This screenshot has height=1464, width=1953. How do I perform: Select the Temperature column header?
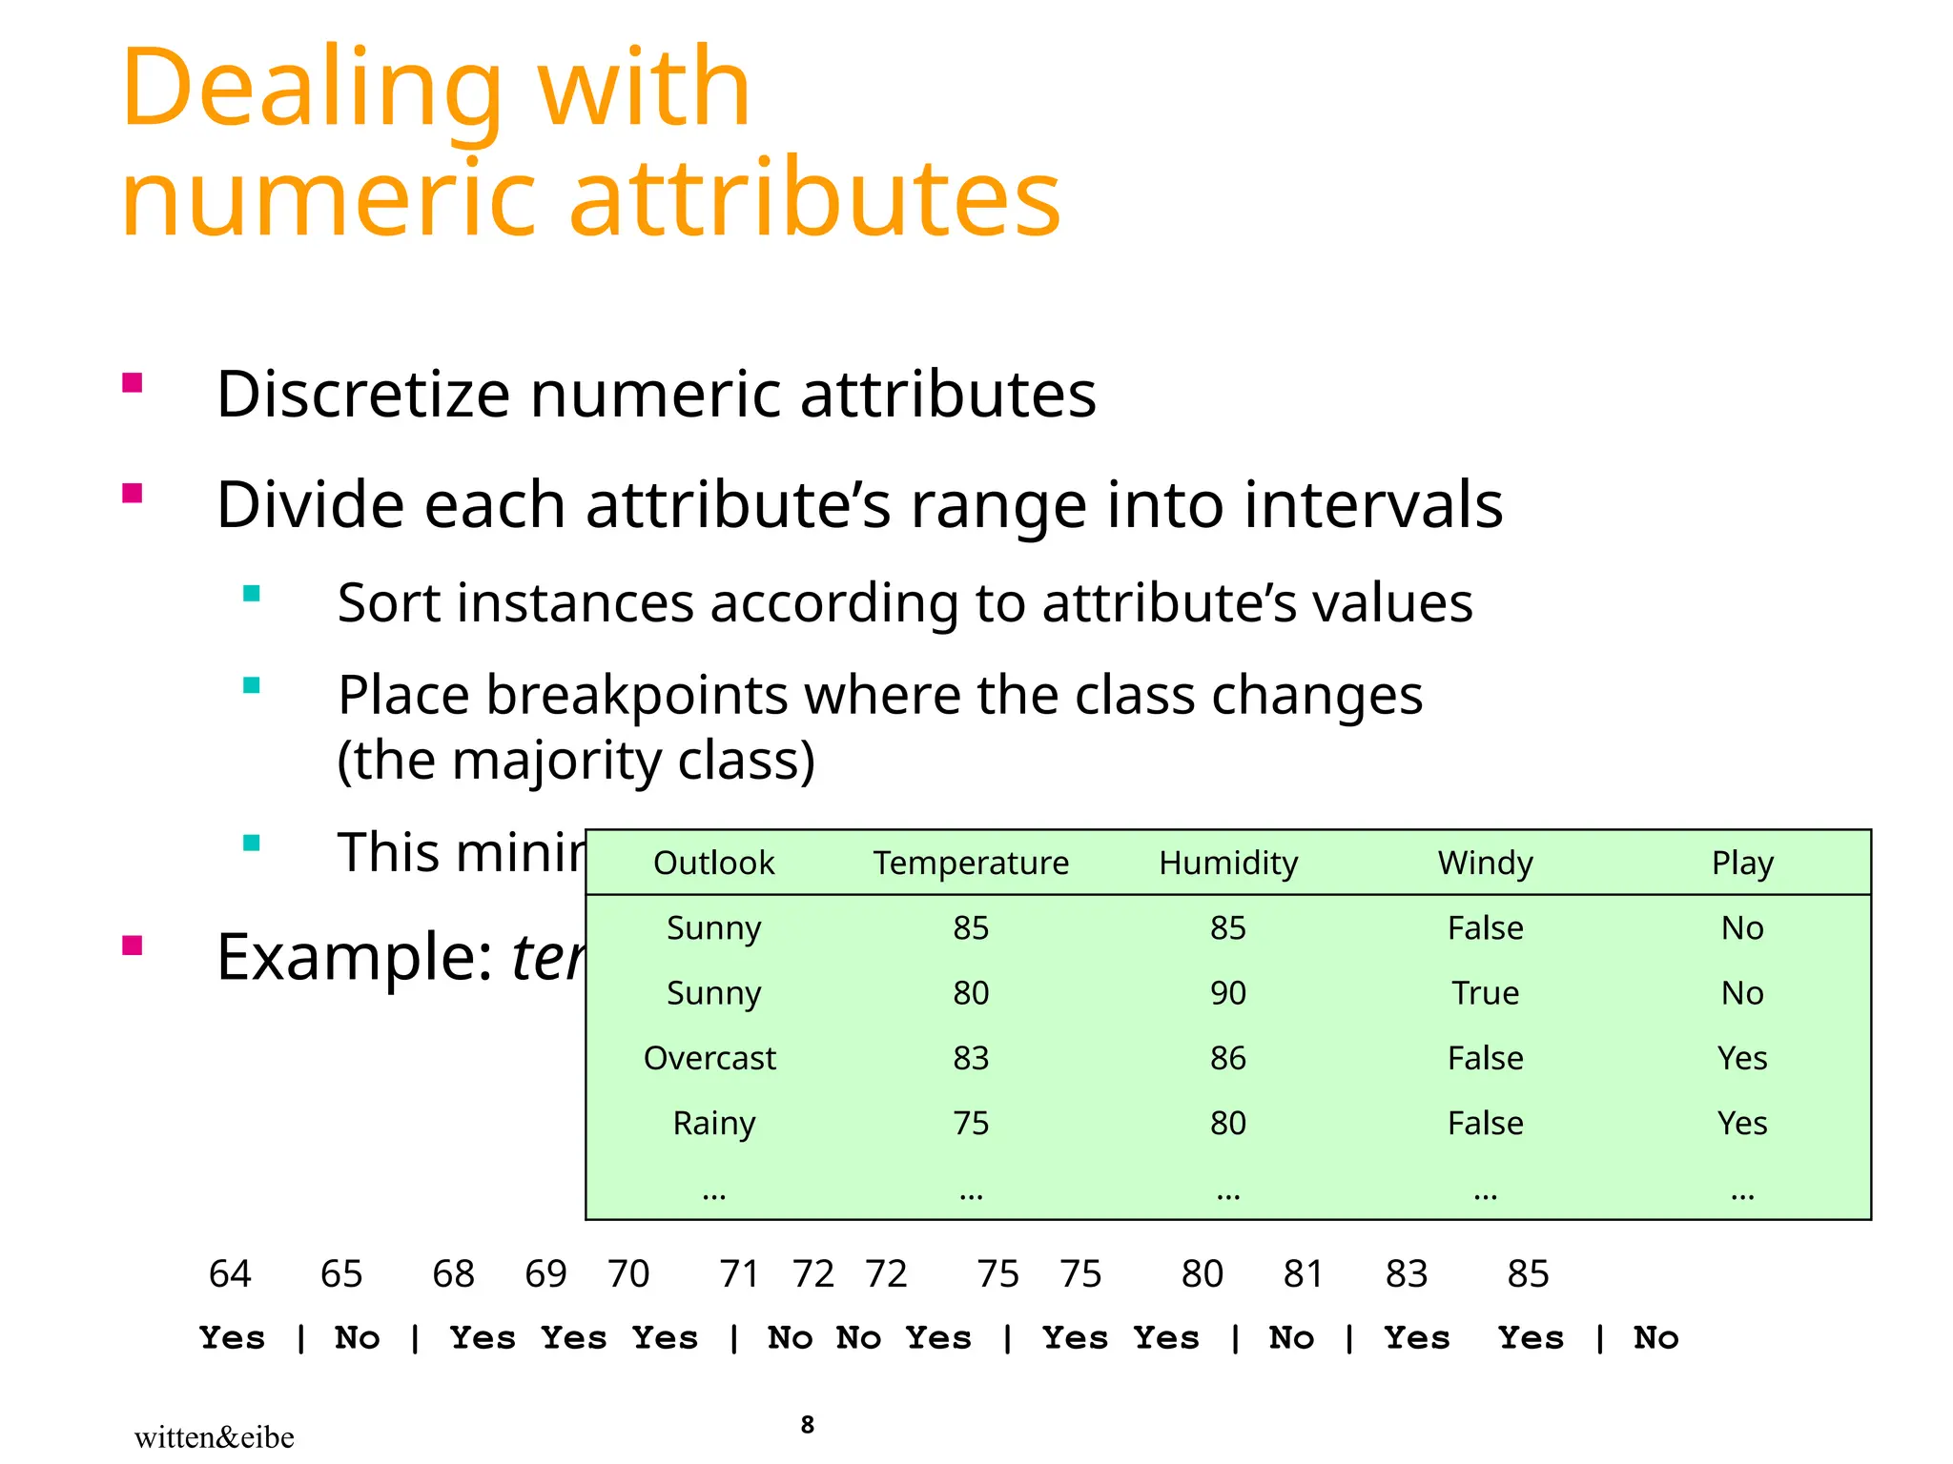click(x=971, y=863)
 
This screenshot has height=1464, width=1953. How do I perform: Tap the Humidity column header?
click(x=1228, y=863)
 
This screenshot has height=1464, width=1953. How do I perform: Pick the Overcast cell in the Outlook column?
click(x=709, y=1058)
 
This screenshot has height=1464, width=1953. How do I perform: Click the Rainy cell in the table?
click(x=713, y=1123)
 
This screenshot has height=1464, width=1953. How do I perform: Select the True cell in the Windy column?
click(x=1485, y=993)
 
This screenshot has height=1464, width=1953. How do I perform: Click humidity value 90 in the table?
click(x=1228, y=993)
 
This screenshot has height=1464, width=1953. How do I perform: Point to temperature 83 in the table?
click(x=971, y=1058)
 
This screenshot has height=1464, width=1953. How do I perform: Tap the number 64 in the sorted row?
click(x=230, y=1274)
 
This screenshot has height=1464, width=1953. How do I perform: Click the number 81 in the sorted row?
click(x=1303, y=1274)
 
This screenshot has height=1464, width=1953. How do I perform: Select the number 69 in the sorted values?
click(x=545, y=1274)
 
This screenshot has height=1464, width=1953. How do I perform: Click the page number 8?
click(x=808, y=1425)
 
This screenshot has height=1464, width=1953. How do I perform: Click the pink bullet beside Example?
click(x=133, y=945)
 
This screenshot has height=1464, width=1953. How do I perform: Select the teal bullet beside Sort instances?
click(x=252, y=594)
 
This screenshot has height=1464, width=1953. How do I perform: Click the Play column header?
click(x=1742, y=863)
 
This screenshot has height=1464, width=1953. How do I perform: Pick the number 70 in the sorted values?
click(x=628, y=1274)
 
